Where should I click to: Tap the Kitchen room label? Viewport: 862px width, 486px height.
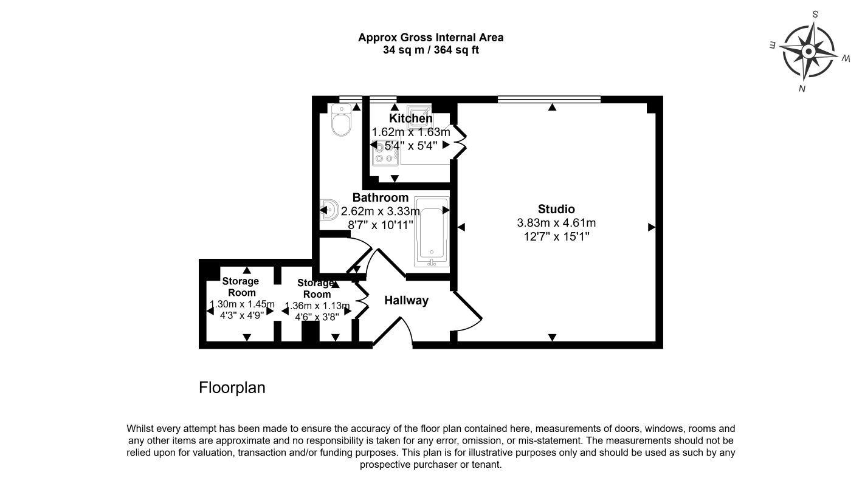[x=411, y=118]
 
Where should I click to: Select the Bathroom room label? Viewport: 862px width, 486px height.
[x=381, y=198]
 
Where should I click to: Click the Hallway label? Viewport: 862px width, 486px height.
[x=406, y=300]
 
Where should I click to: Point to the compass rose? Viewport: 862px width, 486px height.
[x=808, y=52]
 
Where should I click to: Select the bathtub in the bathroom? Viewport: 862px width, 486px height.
[x=431, y=232]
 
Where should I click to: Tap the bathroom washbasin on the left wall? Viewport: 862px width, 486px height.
[x=330, y=210]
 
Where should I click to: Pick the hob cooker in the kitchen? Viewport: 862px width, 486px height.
[x=384, y=152]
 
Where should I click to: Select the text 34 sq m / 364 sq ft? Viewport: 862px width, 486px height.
[x=430, y=50]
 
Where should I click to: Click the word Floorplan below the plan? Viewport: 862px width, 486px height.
[x=232, y=388]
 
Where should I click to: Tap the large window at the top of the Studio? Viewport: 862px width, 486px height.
[x=549, y=99]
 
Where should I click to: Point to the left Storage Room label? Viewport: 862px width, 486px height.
[x=240, y=286]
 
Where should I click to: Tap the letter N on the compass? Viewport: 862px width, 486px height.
[x=802, y=89]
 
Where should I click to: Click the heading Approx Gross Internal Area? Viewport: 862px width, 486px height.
[x=430, y=38]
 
